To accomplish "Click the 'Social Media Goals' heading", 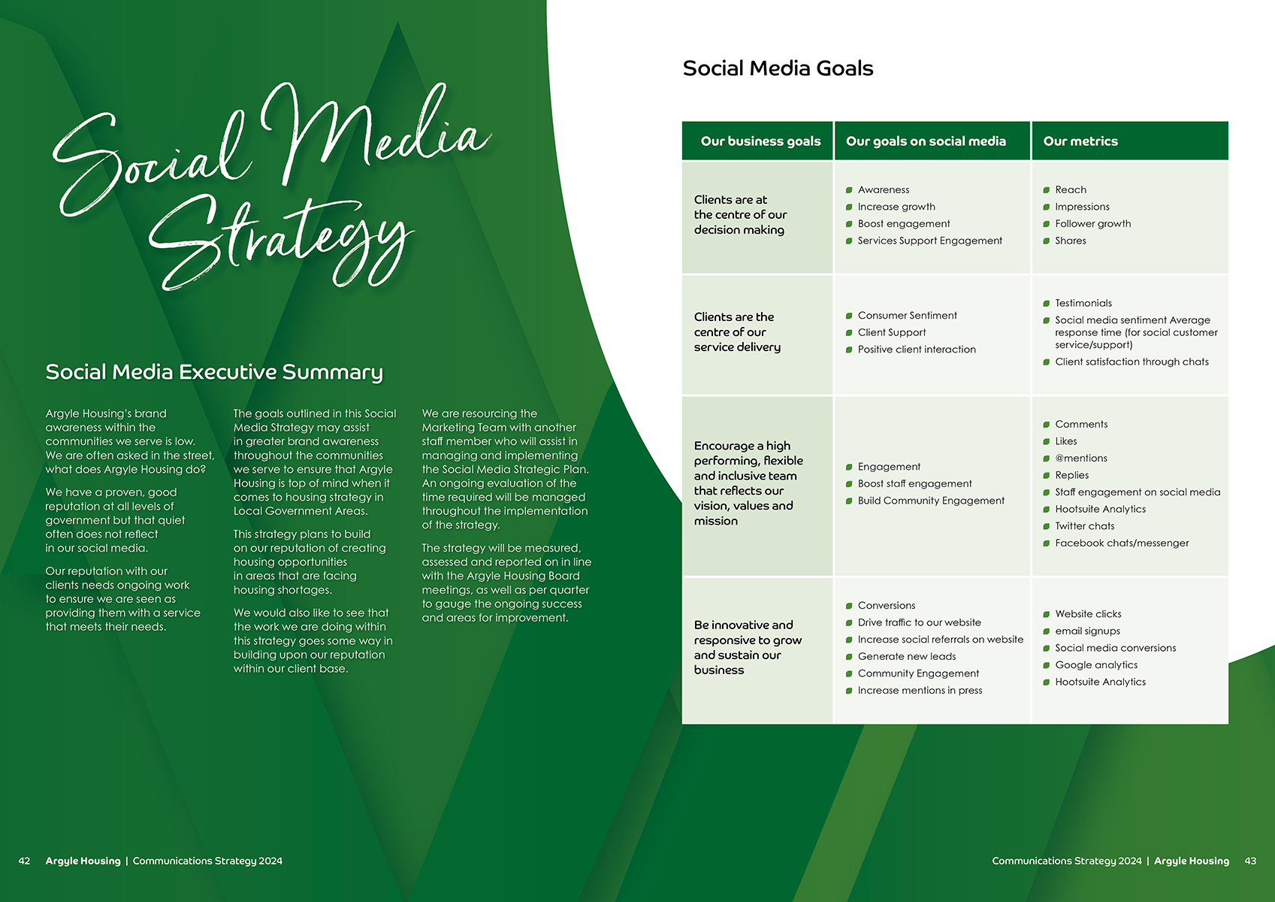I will [x=778, y=68].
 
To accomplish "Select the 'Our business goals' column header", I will [x=760, y=141].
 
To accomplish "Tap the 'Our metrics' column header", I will [x=1080, y=141].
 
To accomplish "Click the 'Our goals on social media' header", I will [x=926, y=141].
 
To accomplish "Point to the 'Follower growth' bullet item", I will [x=1092, y=224].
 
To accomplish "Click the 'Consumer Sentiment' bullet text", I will [x=907, y=316].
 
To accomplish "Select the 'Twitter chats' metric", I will [x=1084, y=526].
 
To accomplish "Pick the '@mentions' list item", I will [x=1080, y=459].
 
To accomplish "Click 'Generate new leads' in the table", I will [x=906, y=656].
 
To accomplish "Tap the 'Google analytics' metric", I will [x=1096, y=665].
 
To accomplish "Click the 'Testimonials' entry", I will [x=1083, y=304].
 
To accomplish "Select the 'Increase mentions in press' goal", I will [x=920, y=691].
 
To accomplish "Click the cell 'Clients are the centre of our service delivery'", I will [x=737, y=332].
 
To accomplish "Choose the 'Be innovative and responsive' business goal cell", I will [x=748, y=647].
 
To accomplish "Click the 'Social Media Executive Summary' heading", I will [x=214, y=372].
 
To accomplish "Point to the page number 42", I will [x=25, y=861].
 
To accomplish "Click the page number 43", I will [x=1250, y=861].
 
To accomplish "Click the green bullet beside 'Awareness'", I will [x=849, y=190].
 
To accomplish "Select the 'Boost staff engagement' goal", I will [x=914, y=484].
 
